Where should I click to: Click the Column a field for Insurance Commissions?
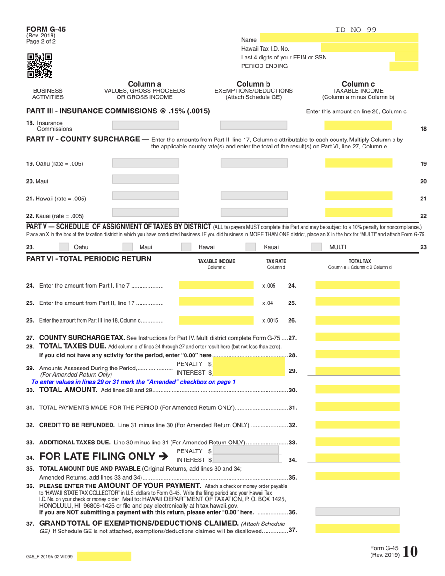[146, 125]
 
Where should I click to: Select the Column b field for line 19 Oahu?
[254, 164]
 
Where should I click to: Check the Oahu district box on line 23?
[66, 247]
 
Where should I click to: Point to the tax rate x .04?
[268, 303]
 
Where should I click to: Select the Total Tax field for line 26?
[357, 321]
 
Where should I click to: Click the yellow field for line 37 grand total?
[357, 529]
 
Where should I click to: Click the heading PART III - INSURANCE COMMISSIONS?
[118, 111]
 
